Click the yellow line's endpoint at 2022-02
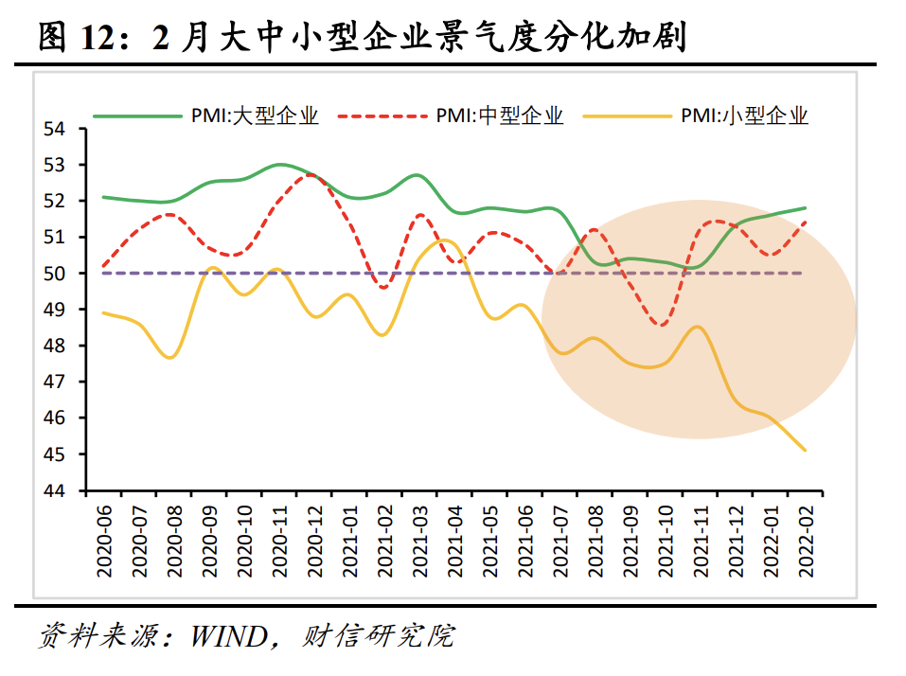pyautogui.click(x=805, y=450)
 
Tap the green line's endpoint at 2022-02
pyautogui.click(x=805, y=208)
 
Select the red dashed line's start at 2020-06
pyautogui.click(x=103, y=266)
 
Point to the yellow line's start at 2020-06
pyautogui.click(x=103, y=312)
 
